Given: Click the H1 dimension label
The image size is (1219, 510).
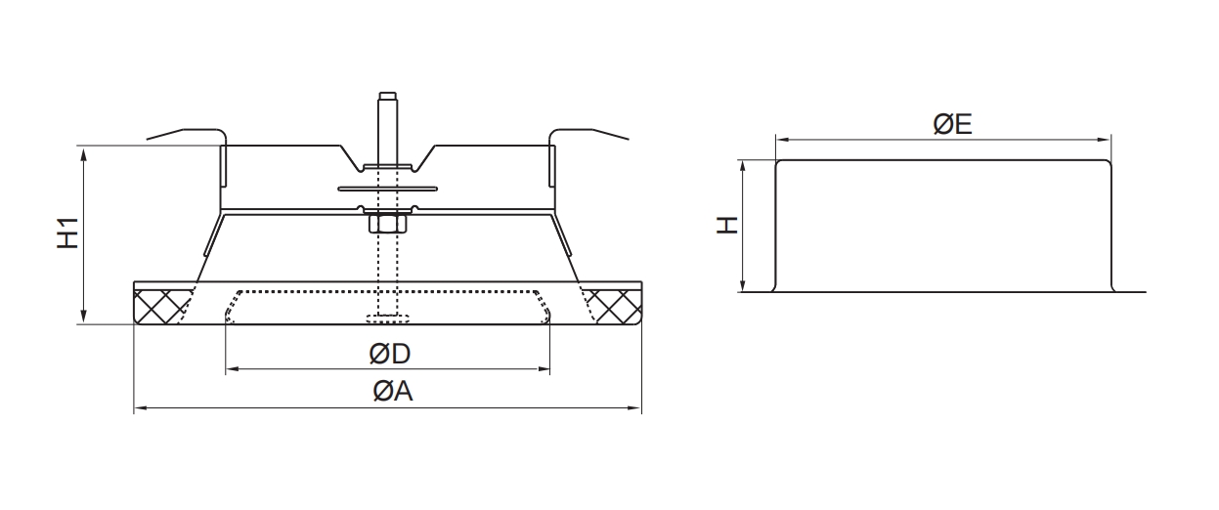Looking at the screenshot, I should pos(66,234).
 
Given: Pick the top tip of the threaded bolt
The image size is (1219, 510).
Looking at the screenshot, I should pos(386,95).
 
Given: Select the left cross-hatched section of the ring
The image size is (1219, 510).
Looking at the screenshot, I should pos(161,306).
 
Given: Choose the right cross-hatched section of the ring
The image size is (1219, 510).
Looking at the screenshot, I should pos(614,306).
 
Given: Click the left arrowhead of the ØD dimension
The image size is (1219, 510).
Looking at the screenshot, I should pos(231,370).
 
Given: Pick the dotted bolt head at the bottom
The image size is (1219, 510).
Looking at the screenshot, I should pos(388,318).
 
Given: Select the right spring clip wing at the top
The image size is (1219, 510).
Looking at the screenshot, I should pos(588,132).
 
